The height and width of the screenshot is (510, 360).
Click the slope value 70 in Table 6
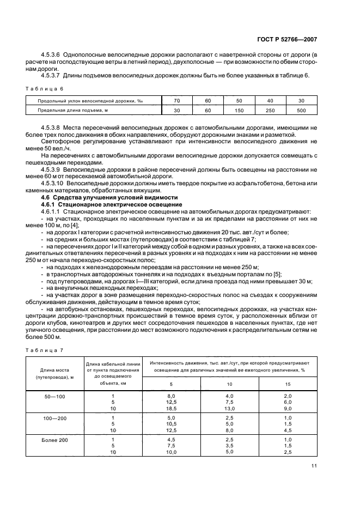click(x=176, y=101)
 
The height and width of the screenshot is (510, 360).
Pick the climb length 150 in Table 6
click(x=239, y=111)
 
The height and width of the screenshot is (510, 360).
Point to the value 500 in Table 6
click(x=301, y=111)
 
